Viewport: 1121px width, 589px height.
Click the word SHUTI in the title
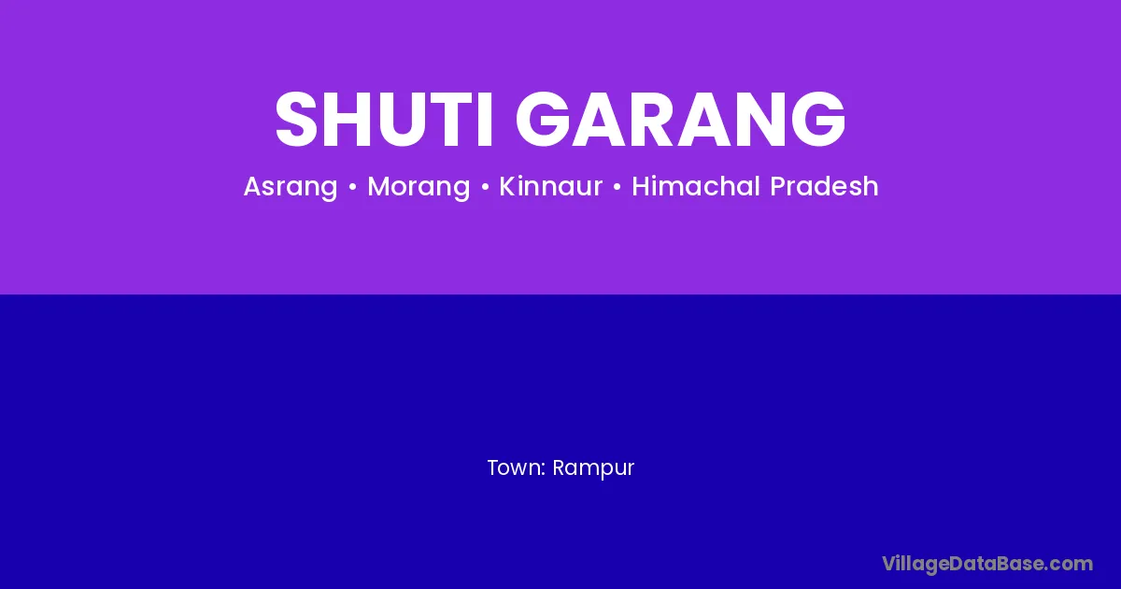tap(384, 120)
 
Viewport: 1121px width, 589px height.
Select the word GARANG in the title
tap(681, 120)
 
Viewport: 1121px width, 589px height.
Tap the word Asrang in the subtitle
tap(291, 187)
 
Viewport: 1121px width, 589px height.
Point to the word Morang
tap(419, 187)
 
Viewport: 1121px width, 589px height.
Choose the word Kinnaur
tap(550, 186)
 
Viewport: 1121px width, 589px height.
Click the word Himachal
tap(697, 185)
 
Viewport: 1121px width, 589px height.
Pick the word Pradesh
tap(824, 185)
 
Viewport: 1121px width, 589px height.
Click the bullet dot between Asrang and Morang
tap(353, 187)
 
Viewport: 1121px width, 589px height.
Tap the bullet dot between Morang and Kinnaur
tap(485, 187)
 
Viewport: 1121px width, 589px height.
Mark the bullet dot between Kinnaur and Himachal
tap(617, 187)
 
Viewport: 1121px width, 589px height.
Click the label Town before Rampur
tap(516, 467)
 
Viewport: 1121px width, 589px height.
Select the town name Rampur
tap(593, 468)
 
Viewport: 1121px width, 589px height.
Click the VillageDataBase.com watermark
tap(987, 564)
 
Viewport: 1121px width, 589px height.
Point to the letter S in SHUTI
tap(296, 120)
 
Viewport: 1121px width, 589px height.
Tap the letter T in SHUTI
tap(450, 120)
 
